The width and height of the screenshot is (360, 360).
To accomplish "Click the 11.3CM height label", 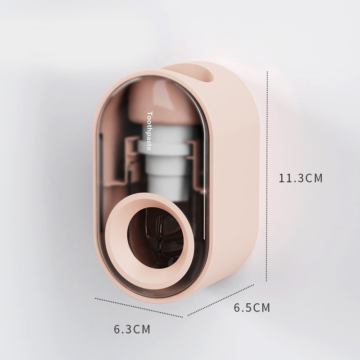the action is point(301,178).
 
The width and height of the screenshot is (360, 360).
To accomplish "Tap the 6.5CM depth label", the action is point(252,308).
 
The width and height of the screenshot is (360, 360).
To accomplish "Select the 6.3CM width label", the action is point(132,329).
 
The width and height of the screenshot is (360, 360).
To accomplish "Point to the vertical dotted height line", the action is point(267,176).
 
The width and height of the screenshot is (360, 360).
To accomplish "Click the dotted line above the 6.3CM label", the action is point(139,308).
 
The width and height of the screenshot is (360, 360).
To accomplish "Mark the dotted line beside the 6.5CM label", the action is point(220,300).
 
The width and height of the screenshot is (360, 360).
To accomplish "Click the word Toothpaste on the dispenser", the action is point(149,131).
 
